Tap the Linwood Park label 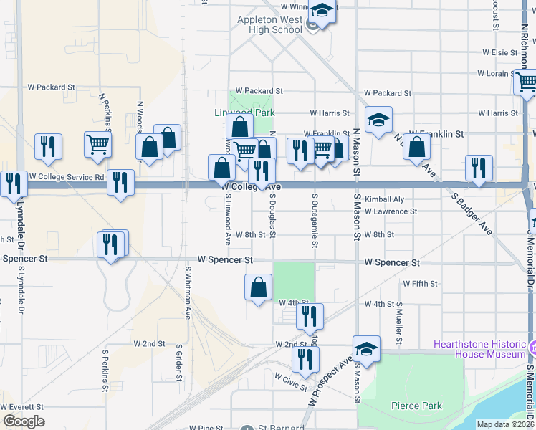point(244,113)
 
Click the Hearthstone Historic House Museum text point(479,349)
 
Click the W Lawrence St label point(391,211)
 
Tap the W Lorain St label point(495,73)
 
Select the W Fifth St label point(420,284)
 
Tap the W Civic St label point(290,376)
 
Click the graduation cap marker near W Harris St point(378,120)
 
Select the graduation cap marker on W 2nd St point(366,349)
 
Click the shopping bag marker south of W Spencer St point(258,287)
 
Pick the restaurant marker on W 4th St point(310,315)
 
